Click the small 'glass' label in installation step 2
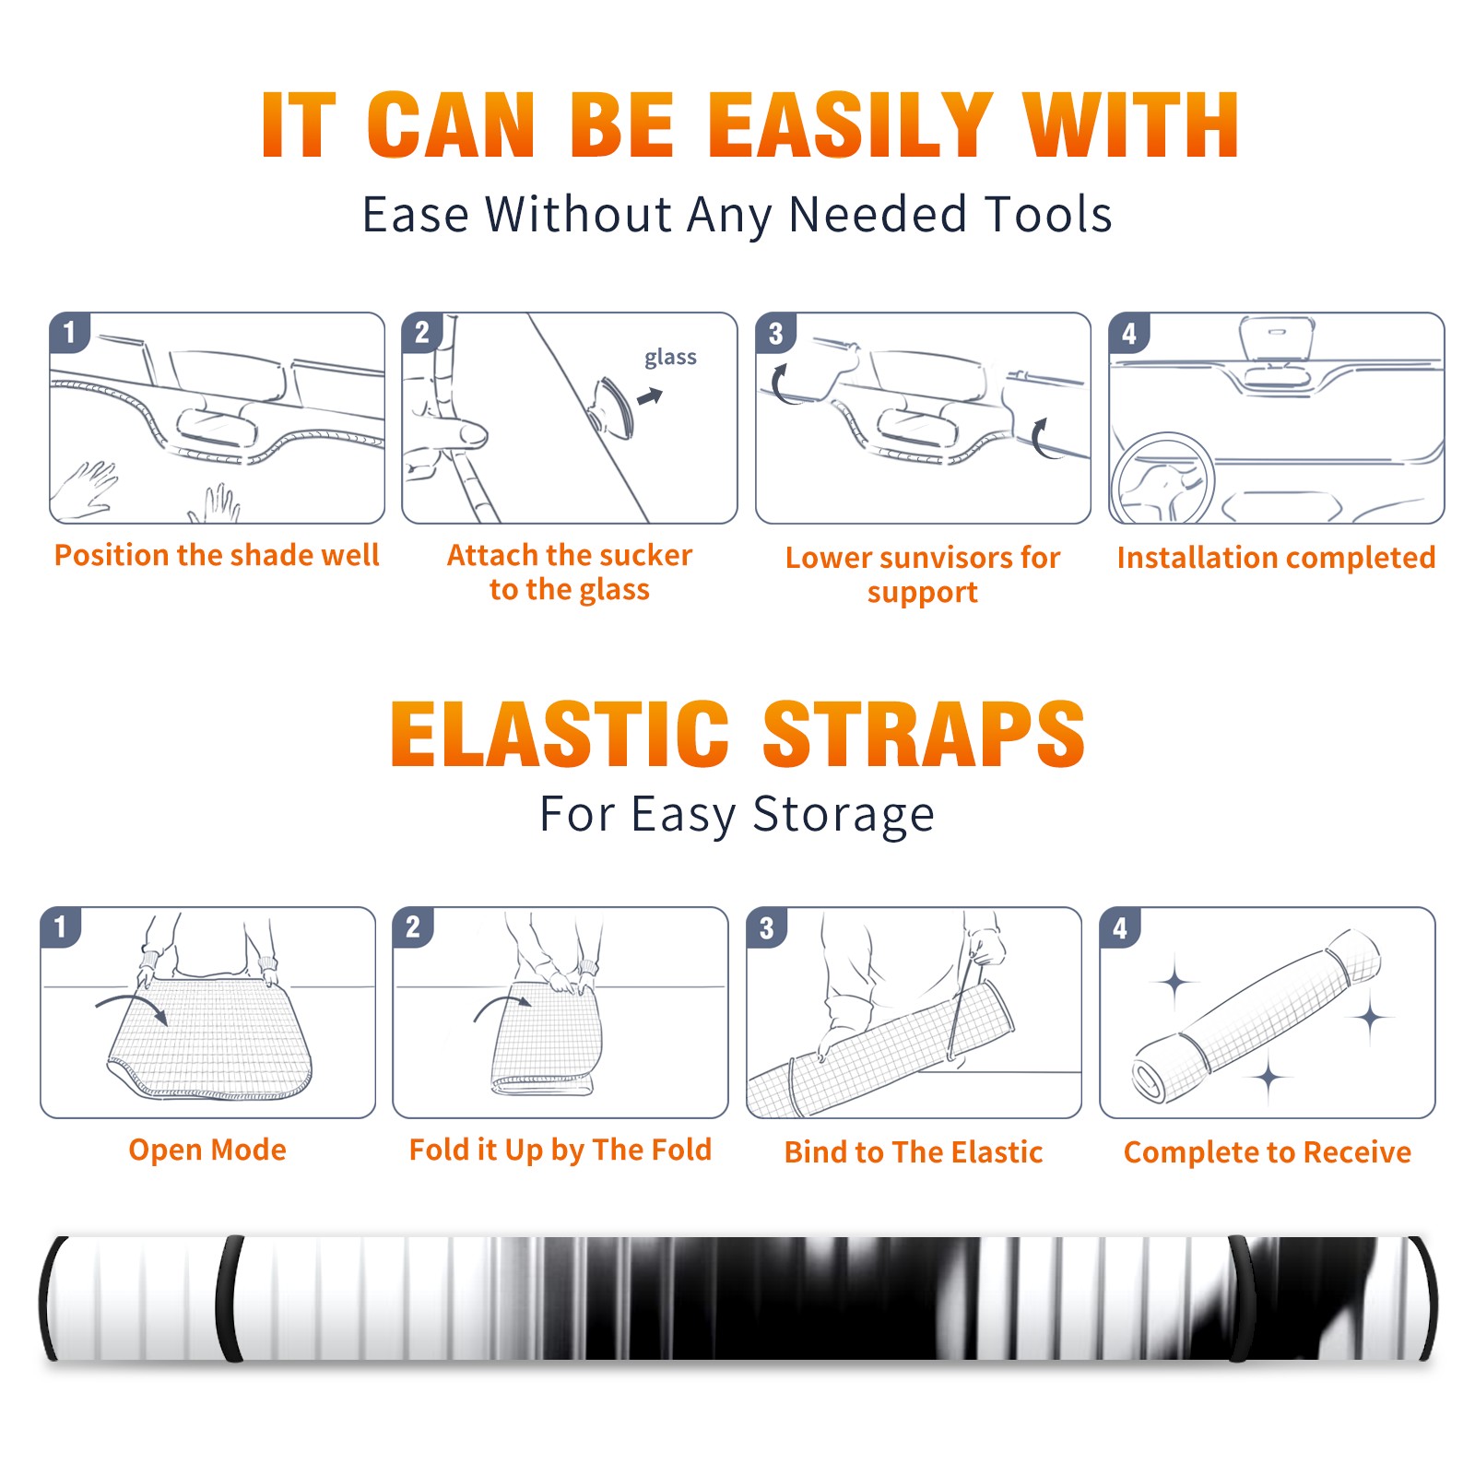[x=670, y=358]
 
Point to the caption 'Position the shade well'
[x=217, y=555]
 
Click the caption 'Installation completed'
[x=1276, y=557]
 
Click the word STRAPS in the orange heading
[x=924, y=734]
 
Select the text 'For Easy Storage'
[x=737, y=814]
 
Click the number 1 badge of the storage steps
[x=61, y=926]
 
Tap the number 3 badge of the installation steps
[x=775, y=333]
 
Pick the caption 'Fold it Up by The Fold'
[x=560, y=1150]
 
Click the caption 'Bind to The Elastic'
[x=914, y=1152]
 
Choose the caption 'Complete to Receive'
[x=1268, y=1152]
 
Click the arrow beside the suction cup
[x=650, y=397]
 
